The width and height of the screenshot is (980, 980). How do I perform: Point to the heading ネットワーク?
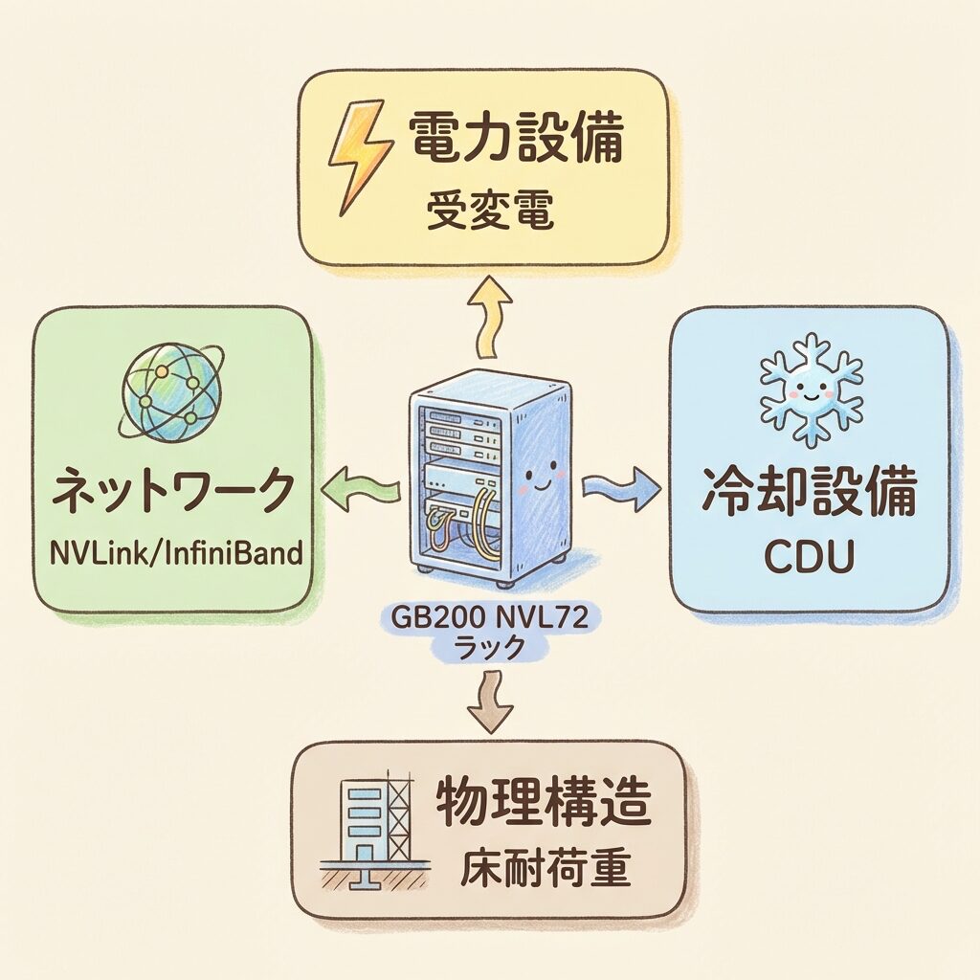click(x=171, y=493)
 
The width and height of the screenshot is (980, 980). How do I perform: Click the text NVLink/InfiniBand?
click(x=171, y=553)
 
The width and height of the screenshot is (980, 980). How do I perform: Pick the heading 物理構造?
click(x=544, y=805)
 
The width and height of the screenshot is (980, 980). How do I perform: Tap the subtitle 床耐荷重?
click(x=544, y=869)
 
